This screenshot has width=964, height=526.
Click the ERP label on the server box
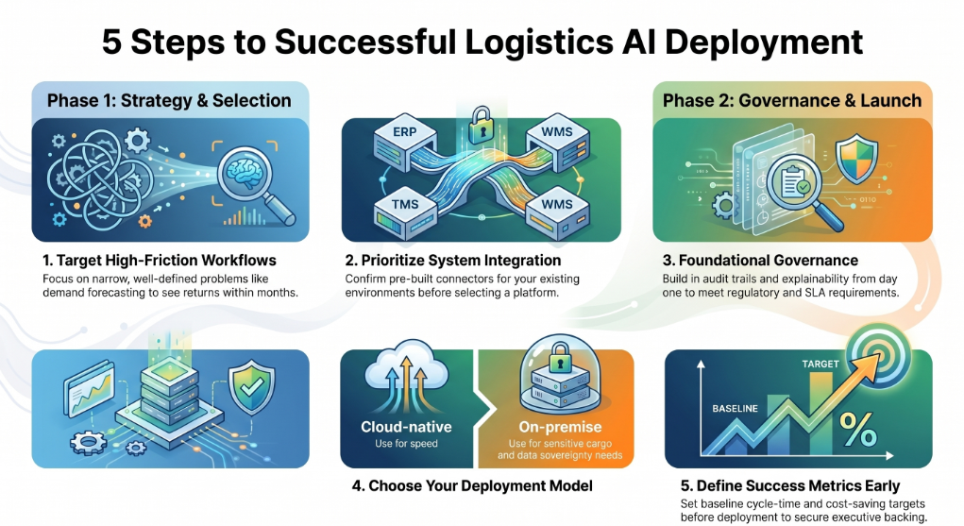pyautogui.click(x=404, y=131)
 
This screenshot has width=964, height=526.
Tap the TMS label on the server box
pyautogui.click(x=405, y=204)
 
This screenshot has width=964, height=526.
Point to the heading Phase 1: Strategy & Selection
pyautogui.click(x=169, y=100)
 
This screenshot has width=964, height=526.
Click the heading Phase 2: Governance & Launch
pyautogui.click(x=792, y=100)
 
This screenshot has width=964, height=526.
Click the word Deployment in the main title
pyautogui.click(x=764, y=42)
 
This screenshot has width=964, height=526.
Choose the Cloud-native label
pyautogui.click(x=406, y=426)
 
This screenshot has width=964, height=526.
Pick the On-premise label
pyautogui.click(x=560, y=426)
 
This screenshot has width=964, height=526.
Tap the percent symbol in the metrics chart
pyautogui.click(x=857, y=429)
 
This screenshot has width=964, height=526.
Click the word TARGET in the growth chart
pyautogui.click(x=820, y=364)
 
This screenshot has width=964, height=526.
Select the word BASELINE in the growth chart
pyautogui.click(x=735, y=409)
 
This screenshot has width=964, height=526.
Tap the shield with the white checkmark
pyautogui.click(x=251, y=388)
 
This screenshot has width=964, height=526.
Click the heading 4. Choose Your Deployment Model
pyautogui.click(x=472, y=486)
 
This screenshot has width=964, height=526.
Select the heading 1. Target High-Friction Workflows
pyautogui.click(x=160, y=261)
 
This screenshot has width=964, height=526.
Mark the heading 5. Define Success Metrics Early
pyautogui.click(x=790, y=486)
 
